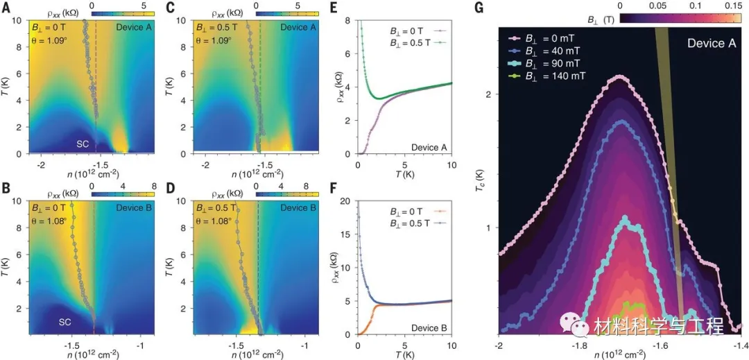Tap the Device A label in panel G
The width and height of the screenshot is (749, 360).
711,43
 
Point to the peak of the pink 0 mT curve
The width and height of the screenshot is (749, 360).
619,76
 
